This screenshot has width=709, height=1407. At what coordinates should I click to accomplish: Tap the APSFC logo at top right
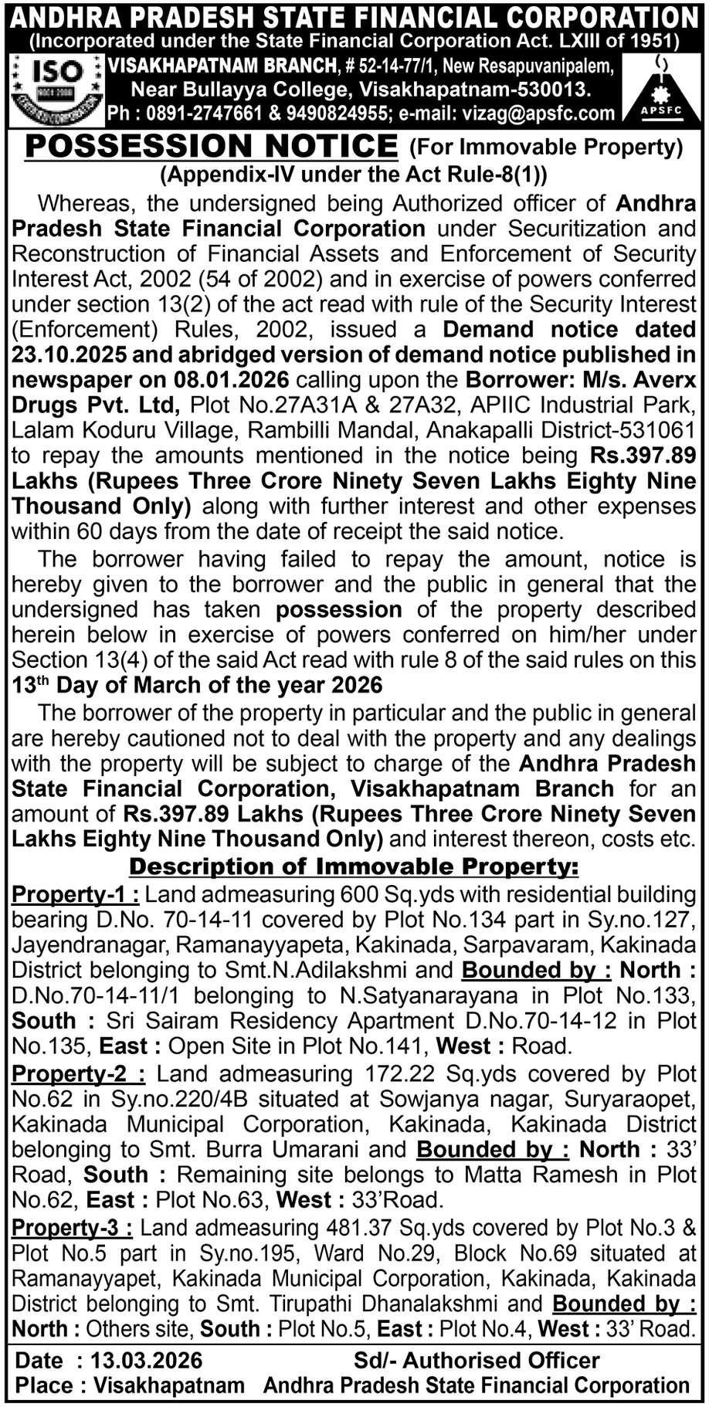point(661,90)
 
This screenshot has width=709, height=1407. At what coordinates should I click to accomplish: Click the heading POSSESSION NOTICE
point(211,146)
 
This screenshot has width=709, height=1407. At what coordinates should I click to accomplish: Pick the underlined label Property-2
point(78,1074)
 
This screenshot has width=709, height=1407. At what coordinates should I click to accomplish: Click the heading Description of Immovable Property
point(354,866)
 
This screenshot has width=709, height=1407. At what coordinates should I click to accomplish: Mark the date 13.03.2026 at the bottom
point(147,1360)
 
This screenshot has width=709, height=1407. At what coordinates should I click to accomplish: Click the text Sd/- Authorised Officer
point(477,1360)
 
